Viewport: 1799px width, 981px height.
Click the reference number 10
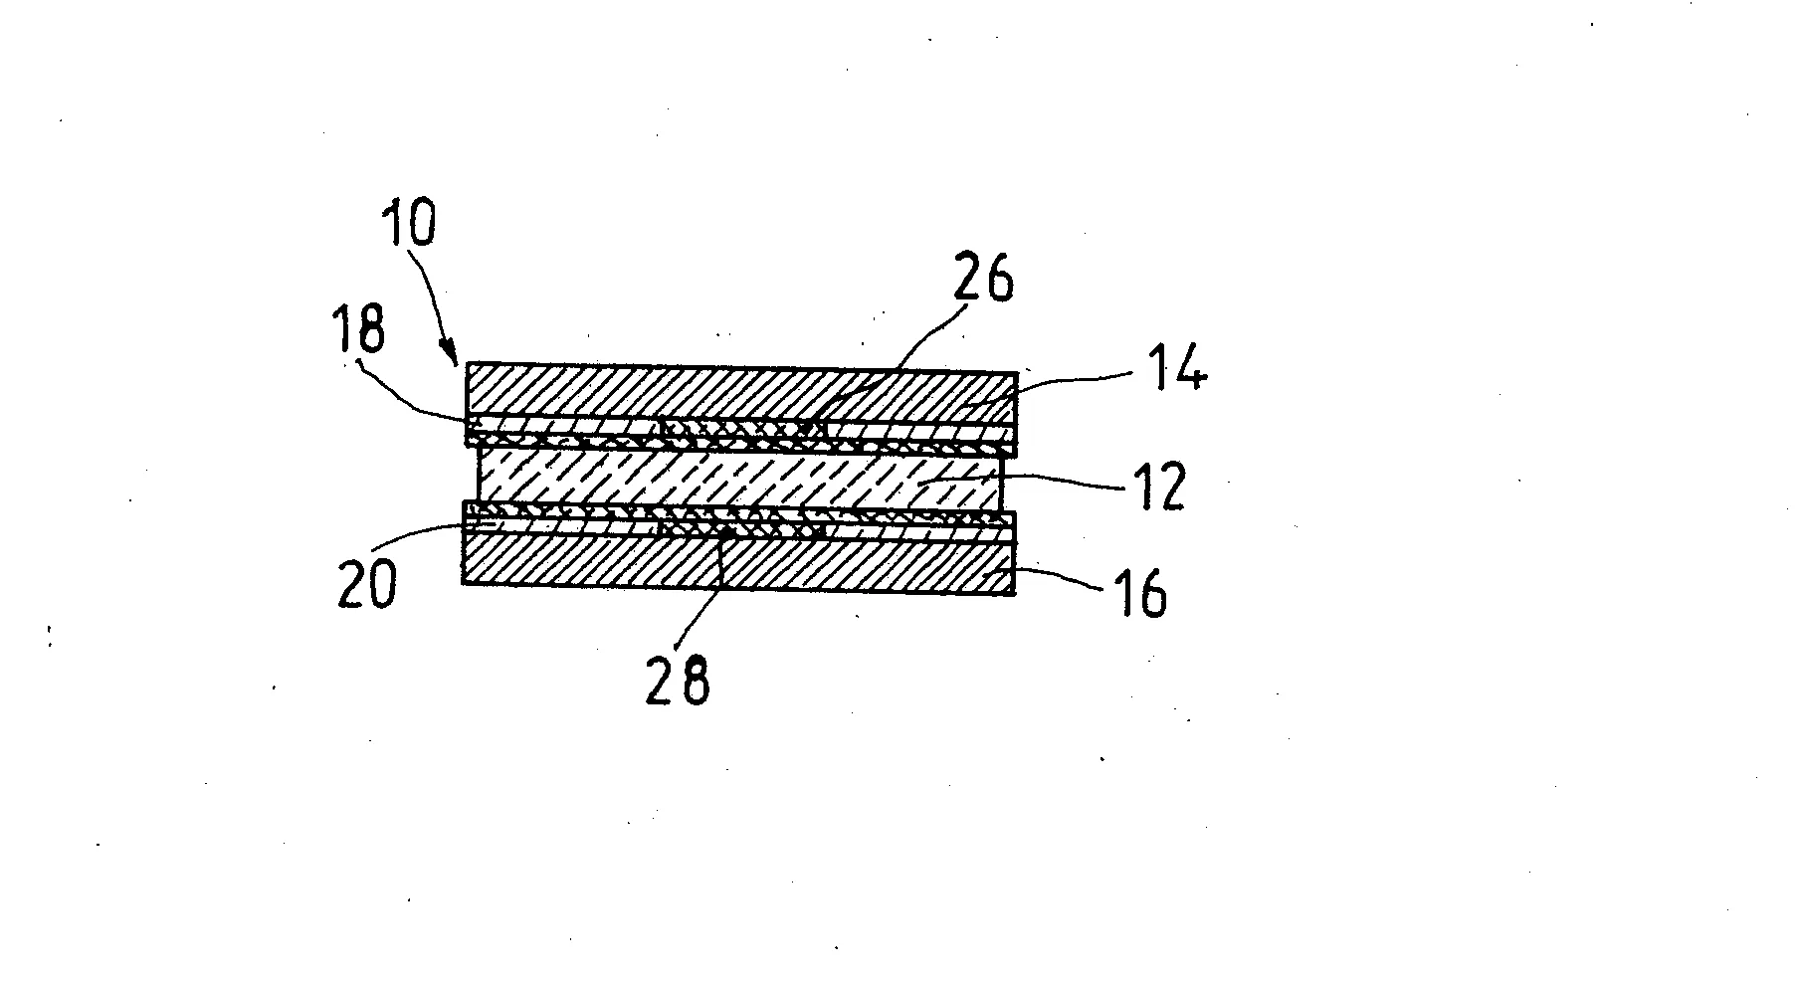click(x=408, y=225)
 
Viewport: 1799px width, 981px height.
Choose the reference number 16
click(x=1140, y=594)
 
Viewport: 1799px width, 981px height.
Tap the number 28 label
click(x=678, y=681)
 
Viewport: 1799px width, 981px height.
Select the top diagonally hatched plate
click(x=741, y=394)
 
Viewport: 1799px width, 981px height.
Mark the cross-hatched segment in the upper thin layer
click(x=741, y=427)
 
